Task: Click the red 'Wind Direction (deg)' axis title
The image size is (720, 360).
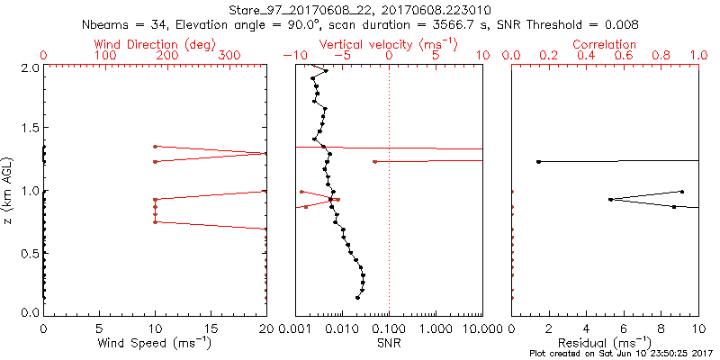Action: [x=155, y=44]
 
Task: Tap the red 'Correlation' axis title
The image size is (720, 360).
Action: [x=605, y=44]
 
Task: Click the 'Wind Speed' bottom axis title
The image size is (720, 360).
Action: [x=155, y=344]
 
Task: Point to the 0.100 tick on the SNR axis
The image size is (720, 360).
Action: [x=389, y=328]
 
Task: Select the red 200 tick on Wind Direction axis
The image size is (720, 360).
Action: [x=166, y=55]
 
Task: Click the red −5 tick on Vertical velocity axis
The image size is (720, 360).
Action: [x=340, y=55]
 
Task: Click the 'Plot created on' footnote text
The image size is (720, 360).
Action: [x=569, y=354]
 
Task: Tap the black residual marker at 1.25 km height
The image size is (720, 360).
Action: [x=538, y=162]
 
